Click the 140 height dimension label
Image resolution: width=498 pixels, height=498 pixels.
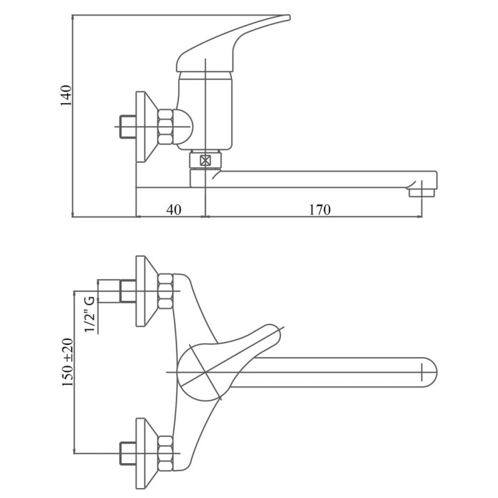pyautogui.click(x=66, y=95)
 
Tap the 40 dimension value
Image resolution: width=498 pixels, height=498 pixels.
pyautogui.click(x=174, y=210)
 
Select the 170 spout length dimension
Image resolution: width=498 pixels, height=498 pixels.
pyautogui.click(x=320, y=210)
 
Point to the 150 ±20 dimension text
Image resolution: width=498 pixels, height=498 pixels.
pyautogui.click(x=68, y=362)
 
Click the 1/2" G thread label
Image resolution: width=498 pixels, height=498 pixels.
pyautogui.click(x=90, y=314)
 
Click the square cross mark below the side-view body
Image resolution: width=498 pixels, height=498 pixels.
pyautogui.click(x=205, y=160)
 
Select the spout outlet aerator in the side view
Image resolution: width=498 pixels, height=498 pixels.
pyautogui.click(x=422, y=193)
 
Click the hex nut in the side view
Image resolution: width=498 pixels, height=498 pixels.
pyautogui.click(x=166, y=126)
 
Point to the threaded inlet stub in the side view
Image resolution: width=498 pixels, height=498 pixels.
pyautogui.click(x=127, y=127)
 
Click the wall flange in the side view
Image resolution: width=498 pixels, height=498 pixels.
pyautogui.click(x=147, y=127)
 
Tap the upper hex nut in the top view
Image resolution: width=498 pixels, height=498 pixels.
pyautogui.click(x=166, y=291)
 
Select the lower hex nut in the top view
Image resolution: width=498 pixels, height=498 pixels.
pyautogui.click(x=166, y=453)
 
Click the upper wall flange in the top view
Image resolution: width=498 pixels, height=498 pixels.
pyautogui.click(x=147, y=291)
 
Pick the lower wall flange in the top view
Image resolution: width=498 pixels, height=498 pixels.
pyautogui.click(x=147, y=453)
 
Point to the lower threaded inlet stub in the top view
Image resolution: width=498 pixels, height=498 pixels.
pyautogui.click(x=127, y=453)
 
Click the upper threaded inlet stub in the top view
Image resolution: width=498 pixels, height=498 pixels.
pyautogui.click(x=127, y=291)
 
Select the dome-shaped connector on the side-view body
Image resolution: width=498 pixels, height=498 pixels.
pyautogui.click(x=184, y=127)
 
